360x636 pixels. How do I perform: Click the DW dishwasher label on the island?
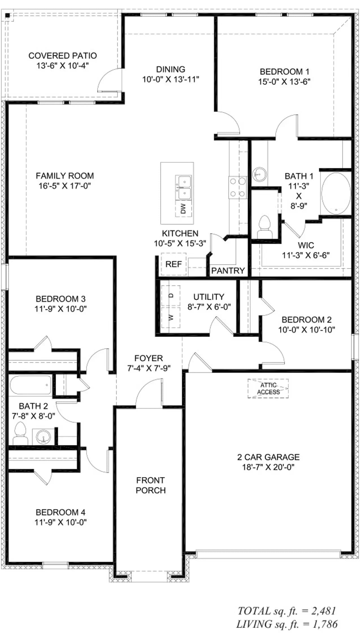tap(183, 209)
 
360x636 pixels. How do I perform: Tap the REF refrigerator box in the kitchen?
tap(174, 264)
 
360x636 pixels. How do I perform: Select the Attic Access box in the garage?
tap(268, 388)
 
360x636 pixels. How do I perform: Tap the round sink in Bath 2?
tap(44, 437)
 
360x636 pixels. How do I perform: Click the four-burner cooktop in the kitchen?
tap(238, 187)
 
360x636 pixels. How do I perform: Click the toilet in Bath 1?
tap(265, 227)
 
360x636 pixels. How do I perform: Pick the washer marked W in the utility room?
tap(171, 317)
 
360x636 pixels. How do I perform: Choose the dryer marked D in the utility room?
tap(171, 296)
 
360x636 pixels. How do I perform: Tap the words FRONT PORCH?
tap(151, 485)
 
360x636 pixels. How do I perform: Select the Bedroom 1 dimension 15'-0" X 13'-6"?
tap(284, 82)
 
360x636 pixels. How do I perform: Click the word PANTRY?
tap(228, 271)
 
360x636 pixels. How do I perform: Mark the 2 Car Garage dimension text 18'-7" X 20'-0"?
tap(268, 467)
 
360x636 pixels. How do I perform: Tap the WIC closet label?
tap(306, 245)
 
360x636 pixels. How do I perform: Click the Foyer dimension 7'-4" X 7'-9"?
tap(149, 368)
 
